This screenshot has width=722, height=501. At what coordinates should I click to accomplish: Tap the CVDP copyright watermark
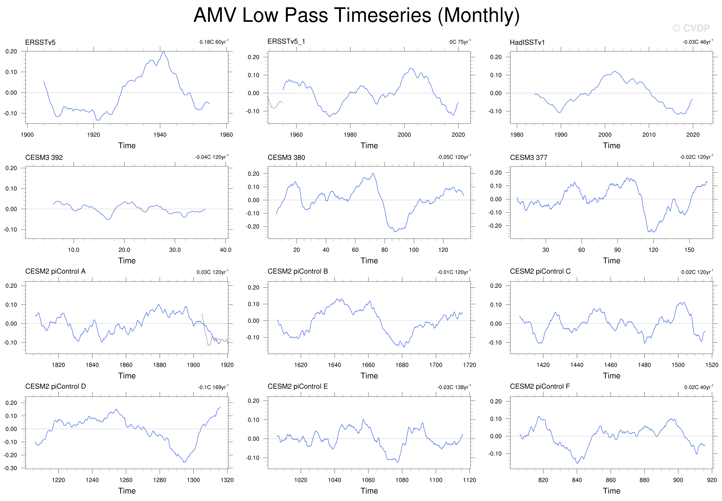tap(691, 28)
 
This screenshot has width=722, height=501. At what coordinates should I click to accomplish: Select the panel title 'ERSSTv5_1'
tap(286, 41)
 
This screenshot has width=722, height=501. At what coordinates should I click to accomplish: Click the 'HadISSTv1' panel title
tap(527, 42)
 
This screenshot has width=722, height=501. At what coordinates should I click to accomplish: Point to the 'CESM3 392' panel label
tap(44, 157)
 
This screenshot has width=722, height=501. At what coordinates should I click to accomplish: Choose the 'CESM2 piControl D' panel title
tap(56, 386)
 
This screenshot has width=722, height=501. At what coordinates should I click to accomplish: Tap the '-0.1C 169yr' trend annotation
tap(213, 387)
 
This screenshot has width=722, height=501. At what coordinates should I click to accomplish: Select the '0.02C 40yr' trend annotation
tap(699, 387)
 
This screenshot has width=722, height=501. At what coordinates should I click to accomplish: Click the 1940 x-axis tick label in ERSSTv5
tap(160, 135)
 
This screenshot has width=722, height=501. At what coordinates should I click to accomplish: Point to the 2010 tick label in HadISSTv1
tap(649, 135)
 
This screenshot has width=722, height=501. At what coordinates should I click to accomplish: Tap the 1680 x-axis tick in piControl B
tap(402, 365)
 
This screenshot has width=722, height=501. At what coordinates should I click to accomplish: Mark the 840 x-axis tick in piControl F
tap(577, 480)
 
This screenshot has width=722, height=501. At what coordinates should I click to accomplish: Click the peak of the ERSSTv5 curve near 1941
tap(163, 52)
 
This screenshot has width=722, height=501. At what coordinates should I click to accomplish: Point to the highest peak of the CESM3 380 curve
tap(373, 173)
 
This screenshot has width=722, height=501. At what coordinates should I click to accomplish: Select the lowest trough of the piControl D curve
tap(184, 462)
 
